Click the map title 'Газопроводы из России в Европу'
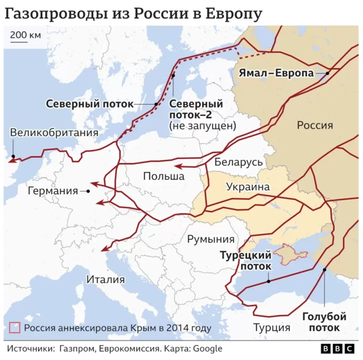point(133,12)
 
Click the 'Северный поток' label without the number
point(90,104)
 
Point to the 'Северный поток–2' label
point(196,110)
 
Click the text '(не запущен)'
point(202,126)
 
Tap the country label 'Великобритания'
point(54,133)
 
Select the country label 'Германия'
point(52,191)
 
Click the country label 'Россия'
point(315,125)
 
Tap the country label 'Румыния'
point(210,239)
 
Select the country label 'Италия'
point(105,279)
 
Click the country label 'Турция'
point(272,328)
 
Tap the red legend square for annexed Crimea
point(15,328)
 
